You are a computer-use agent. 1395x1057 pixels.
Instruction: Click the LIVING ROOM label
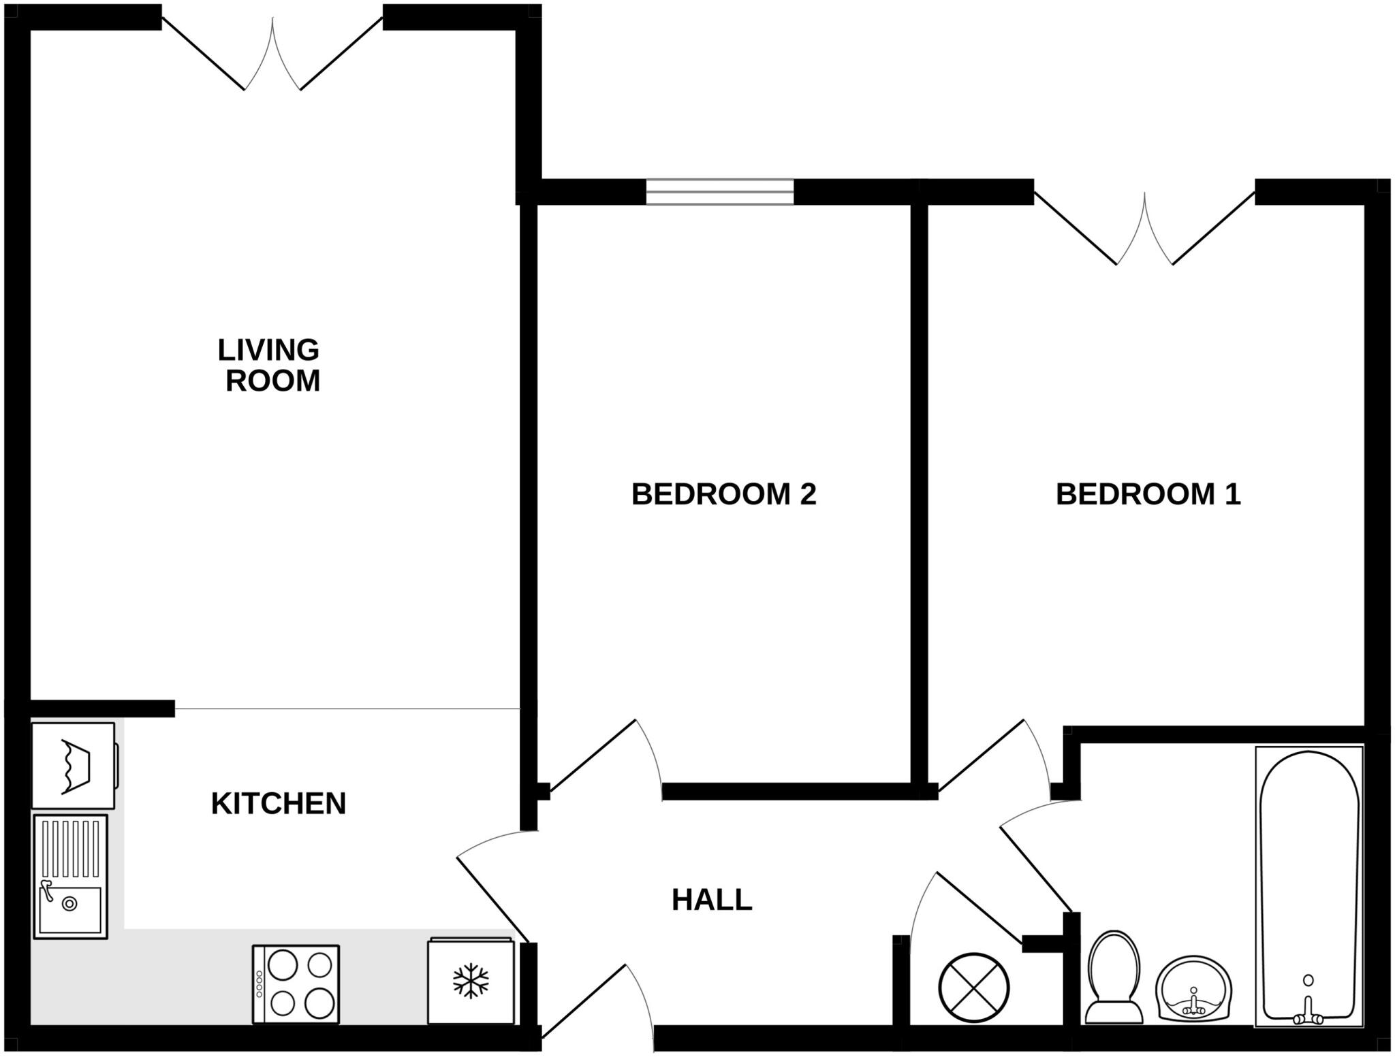click(270, 365)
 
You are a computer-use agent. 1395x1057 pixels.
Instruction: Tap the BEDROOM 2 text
click(723, 494)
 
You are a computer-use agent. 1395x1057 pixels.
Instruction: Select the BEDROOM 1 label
click(1148, 494)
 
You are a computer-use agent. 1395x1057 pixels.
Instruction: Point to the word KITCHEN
click(279, 804)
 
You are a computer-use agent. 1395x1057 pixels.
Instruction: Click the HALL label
click(712, 900)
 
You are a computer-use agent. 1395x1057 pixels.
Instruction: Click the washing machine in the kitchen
click(74, 766)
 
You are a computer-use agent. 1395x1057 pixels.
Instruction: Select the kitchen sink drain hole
click(69, 904)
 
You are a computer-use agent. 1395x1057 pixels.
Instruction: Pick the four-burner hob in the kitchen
click(296, 983)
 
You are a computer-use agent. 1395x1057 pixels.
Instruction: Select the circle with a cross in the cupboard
click(973, 987)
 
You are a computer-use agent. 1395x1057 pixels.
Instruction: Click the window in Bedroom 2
click(719, 192)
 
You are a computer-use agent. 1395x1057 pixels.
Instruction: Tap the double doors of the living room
click(272, 54)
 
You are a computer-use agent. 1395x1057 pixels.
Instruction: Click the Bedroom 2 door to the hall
click(599, 755)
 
